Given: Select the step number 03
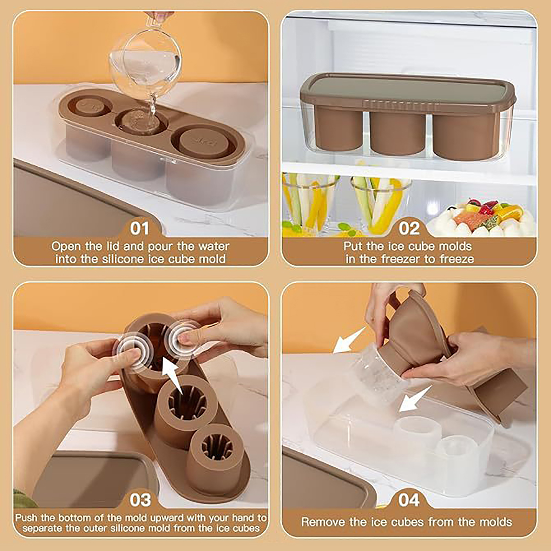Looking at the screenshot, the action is tap(140, 500).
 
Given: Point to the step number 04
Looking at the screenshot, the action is tap(409, 500).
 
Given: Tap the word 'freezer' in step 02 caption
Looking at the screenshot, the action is tap(402, 259).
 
